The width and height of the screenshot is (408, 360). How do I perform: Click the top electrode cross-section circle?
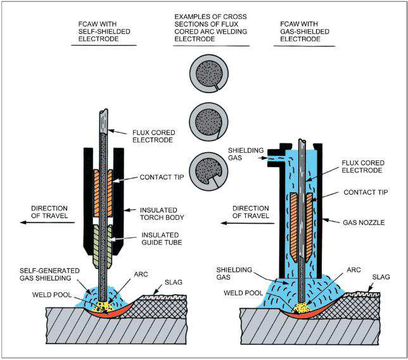coord(206,74)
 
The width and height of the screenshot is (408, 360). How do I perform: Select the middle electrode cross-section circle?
coord(206,119)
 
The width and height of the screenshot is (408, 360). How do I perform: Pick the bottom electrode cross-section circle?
coord(206,167)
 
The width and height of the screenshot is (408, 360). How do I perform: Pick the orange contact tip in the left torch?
coord(105,180)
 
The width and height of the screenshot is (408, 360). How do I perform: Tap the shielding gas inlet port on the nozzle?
coord(276,152)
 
